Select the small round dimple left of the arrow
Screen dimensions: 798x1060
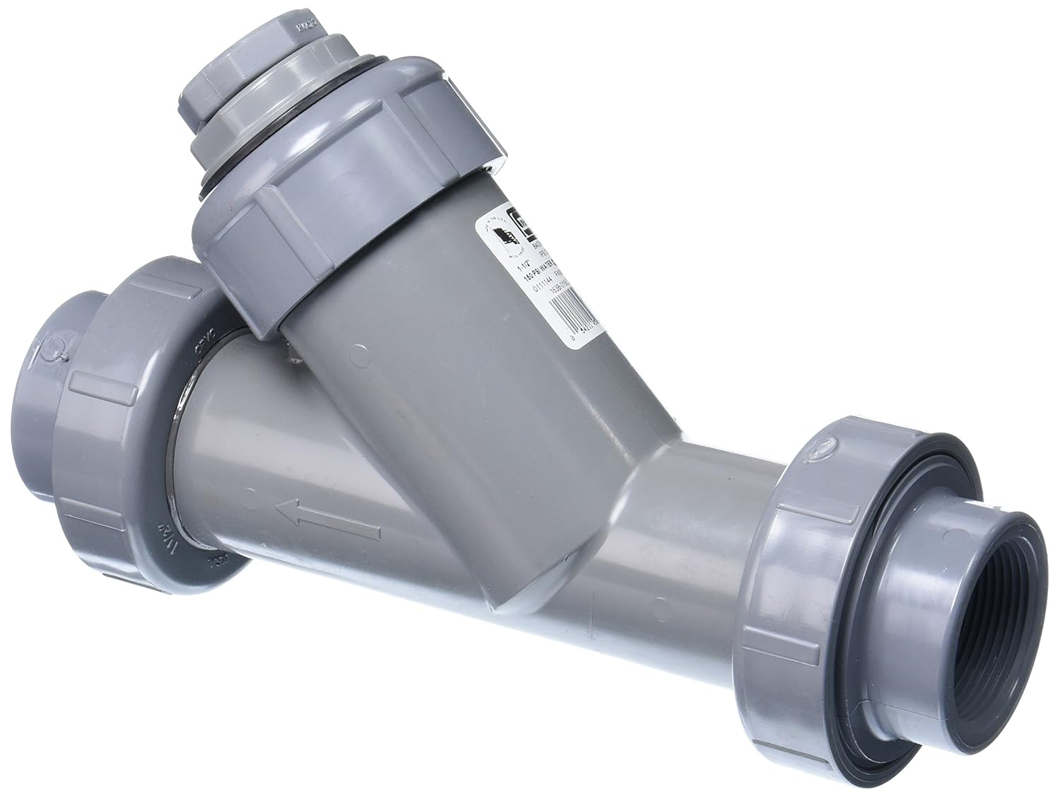[245, 500]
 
